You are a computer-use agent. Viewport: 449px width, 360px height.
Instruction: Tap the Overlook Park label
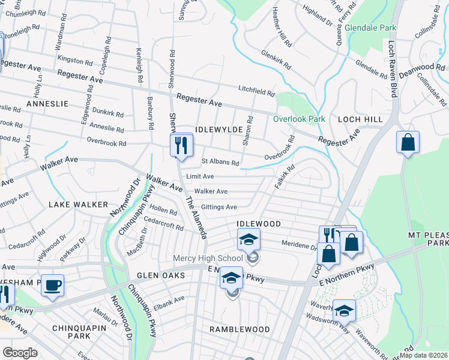tap(299, 119)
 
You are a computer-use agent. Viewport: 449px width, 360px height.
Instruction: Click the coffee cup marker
tap(52, 285)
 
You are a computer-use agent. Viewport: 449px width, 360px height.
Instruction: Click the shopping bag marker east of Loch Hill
tap(408, 143)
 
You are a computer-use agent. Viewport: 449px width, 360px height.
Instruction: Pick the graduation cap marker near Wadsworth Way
tap(344, 310)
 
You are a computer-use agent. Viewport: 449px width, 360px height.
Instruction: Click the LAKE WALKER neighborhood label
tap(79, 205)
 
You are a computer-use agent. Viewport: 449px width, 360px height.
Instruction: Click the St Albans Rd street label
tap(220, 162)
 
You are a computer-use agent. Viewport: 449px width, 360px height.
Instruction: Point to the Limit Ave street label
tap(200, 176)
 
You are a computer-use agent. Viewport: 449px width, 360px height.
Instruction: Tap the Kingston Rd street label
tap(74, 60)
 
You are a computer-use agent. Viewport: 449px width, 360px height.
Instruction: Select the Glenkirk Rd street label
tap(276, 59)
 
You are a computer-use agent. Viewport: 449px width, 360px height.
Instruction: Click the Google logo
tap(19, 353)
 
